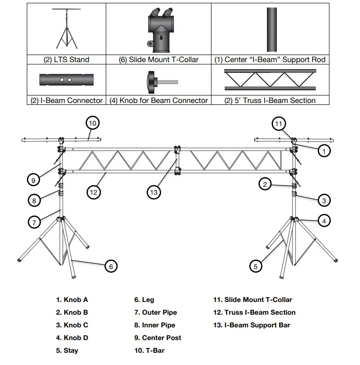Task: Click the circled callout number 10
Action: pyautogui.click(x=93, y=123)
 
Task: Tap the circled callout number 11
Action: pyautogui.click(x=279, y=124)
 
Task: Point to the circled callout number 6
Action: pyautogui.click(x=110, y=266)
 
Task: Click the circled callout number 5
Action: pyautogui.click(x=255, y=266)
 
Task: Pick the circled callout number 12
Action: pyautogui.click(x=93, y=191)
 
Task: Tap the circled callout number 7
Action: pyautogui.click(x=34, y=222)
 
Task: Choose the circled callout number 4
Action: pyautogui.click(x=324, y=220)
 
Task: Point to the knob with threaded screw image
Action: pyautogui.click(x=158, y=80)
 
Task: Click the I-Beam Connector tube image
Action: pyautogui.click(x=66, y=80)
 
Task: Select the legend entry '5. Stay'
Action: pyautogui.click(x=67, y=350)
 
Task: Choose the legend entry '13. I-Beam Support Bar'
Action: pyautogui.click(x=251, y=325)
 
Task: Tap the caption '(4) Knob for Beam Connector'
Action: pyautogui.click(x=158, y=100)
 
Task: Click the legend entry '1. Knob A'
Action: pyautogui.click(x=72, y=300)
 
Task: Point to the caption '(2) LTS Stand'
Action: pyautogui.click(x=66, y=60)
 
